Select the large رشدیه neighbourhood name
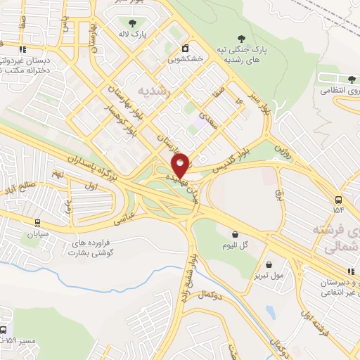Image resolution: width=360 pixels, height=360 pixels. (153, 91)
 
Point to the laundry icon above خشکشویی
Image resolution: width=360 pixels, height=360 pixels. (184, 49)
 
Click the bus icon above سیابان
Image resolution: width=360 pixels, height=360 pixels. (37, 221)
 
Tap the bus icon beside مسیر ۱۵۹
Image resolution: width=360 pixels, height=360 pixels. (4, 330)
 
